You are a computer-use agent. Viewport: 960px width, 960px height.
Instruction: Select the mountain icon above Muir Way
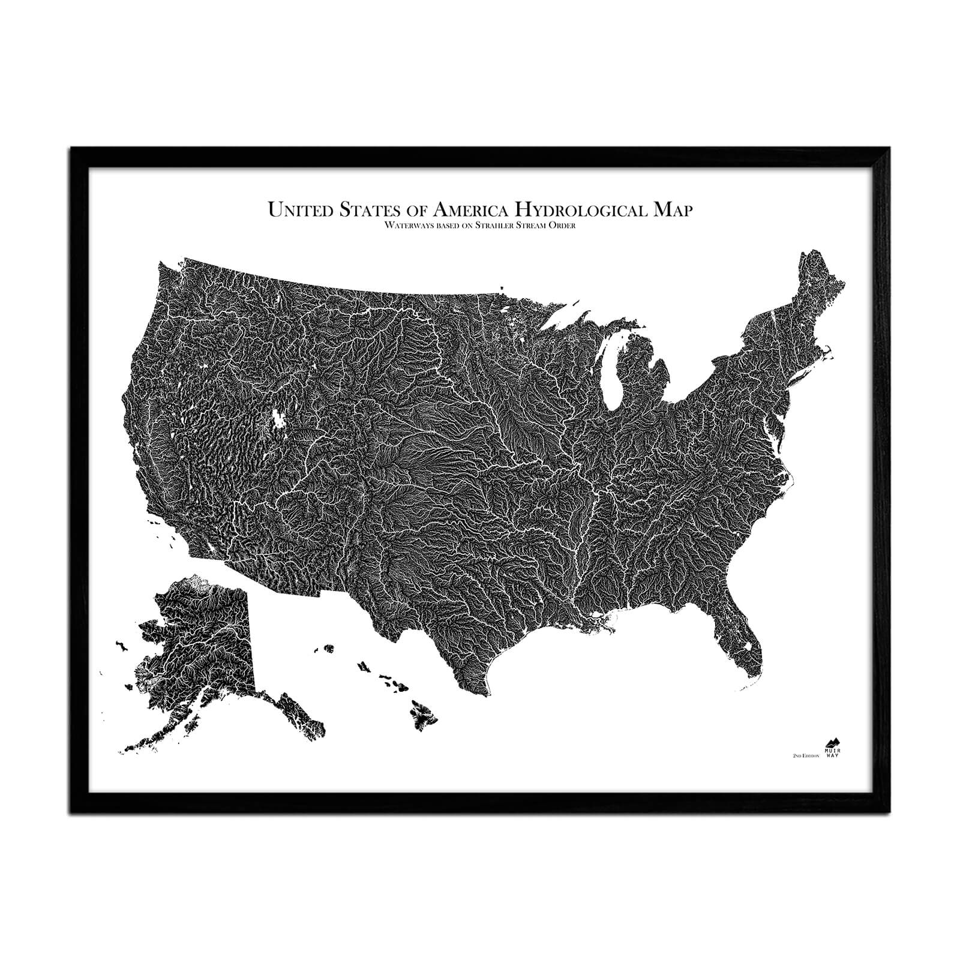click(x=832, y=742)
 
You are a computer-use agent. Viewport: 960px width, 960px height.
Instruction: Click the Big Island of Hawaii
click(x=422, y=713)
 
